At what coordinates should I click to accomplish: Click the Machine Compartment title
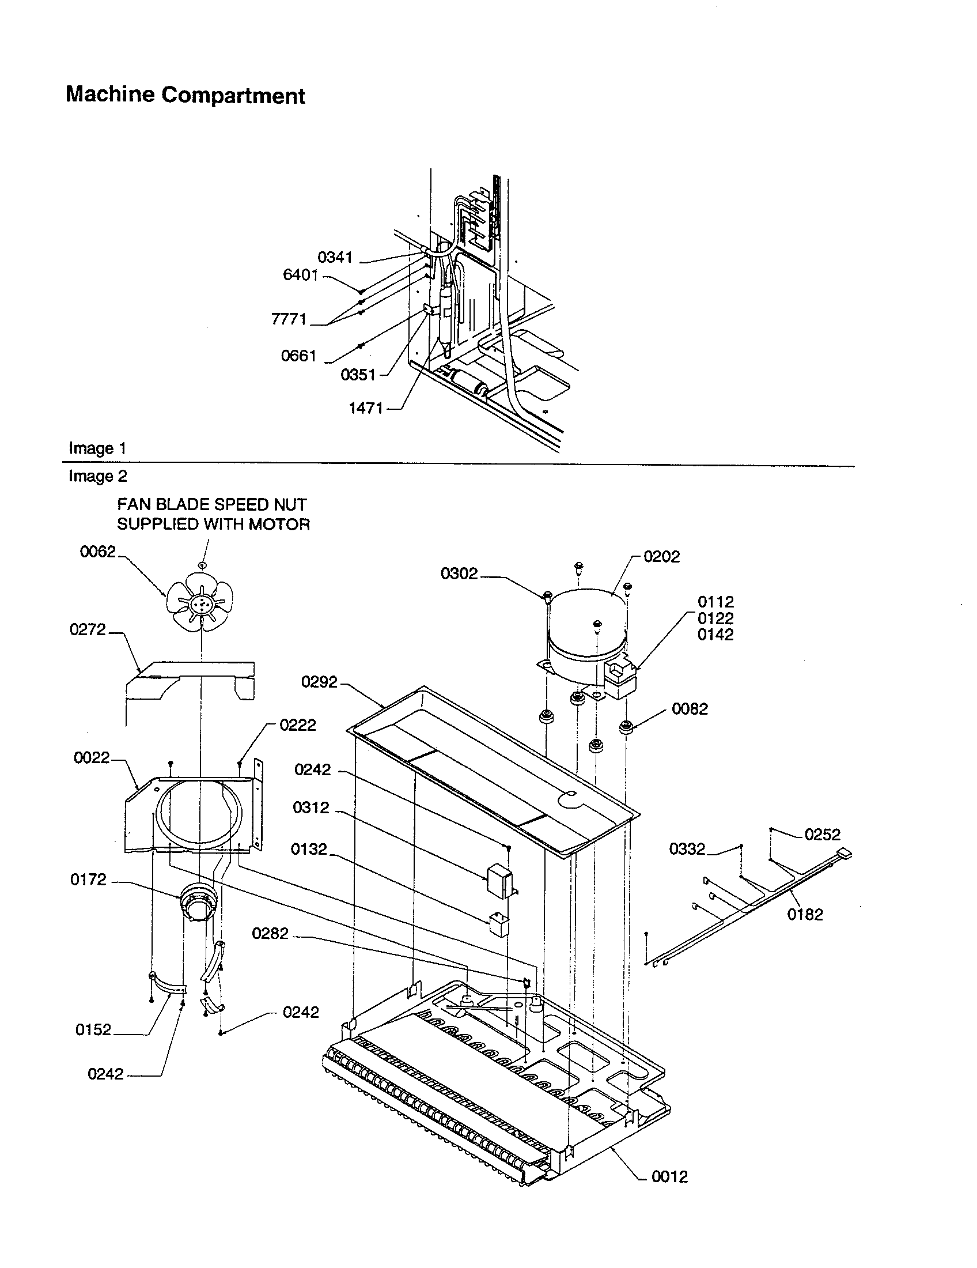(x=185, y=95)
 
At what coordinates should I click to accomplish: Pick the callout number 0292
(x=319, y=682)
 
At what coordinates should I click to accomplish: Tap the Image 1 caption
(x=97, y=448)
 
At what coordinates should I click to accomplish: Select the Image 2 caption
(x=97, y=476)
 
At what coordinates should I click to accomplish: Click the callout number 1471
(x=365, y=408)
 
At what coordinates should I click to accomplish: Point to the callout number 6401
(x=301, y=274)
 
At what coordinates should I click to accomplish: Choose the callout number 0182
(x=805, y=915)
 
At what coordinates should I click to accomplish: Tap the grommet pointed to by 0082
(x=626, y=726)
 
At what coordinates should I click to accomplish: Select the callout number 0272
(x=88, y=629)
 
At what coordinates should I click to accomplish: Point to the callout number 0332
(x=687, y=849)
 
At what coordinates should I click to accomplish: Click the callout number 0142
(x=715, y=635)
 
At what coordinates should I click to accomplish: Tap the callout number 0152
(x=93, y=1029)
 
